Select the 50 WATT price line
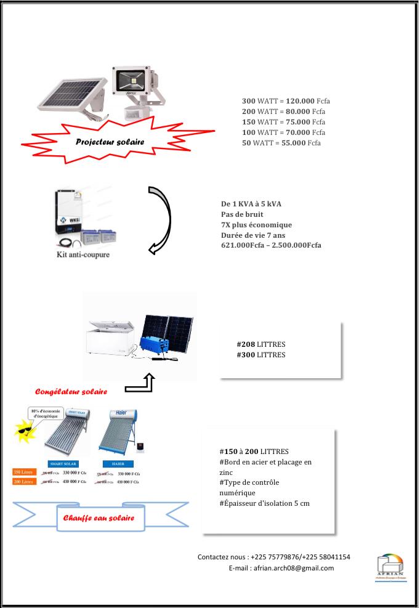pos(281,143)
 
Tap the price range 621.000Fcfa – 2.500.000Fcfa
pos(270,245)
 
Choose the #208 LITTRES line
pos(261,344)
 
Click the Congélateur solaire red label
pos(71,391)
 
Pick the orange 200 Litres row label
pos(24,482)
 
